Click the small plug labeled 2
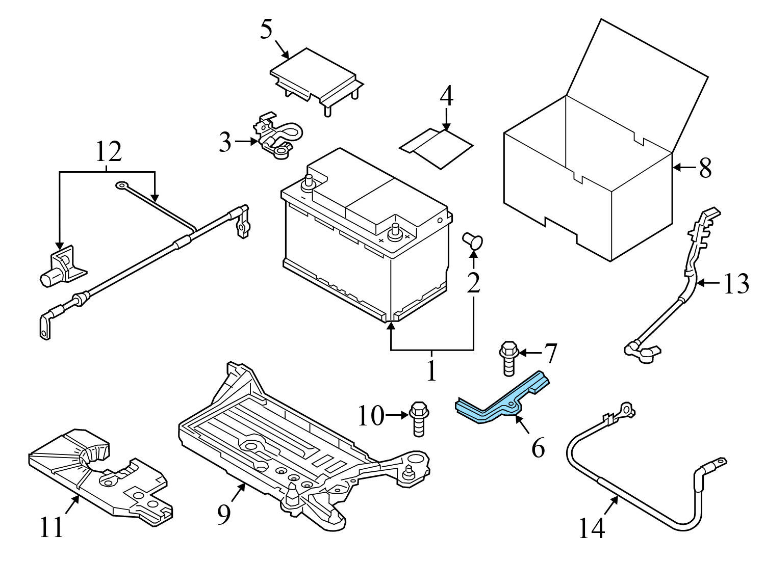[x=472, y=241]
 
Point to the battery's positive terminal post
[x=394, y=232]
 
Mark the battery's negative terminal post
[x=309, y=181]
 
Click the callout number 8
[x=705, y=168]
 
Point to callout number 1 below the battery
[x=431, y=371]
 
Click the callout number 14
[x=592, y=528]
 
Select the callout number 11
[x=52, y=527]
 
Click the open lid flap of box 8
[x=637, y=82]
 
